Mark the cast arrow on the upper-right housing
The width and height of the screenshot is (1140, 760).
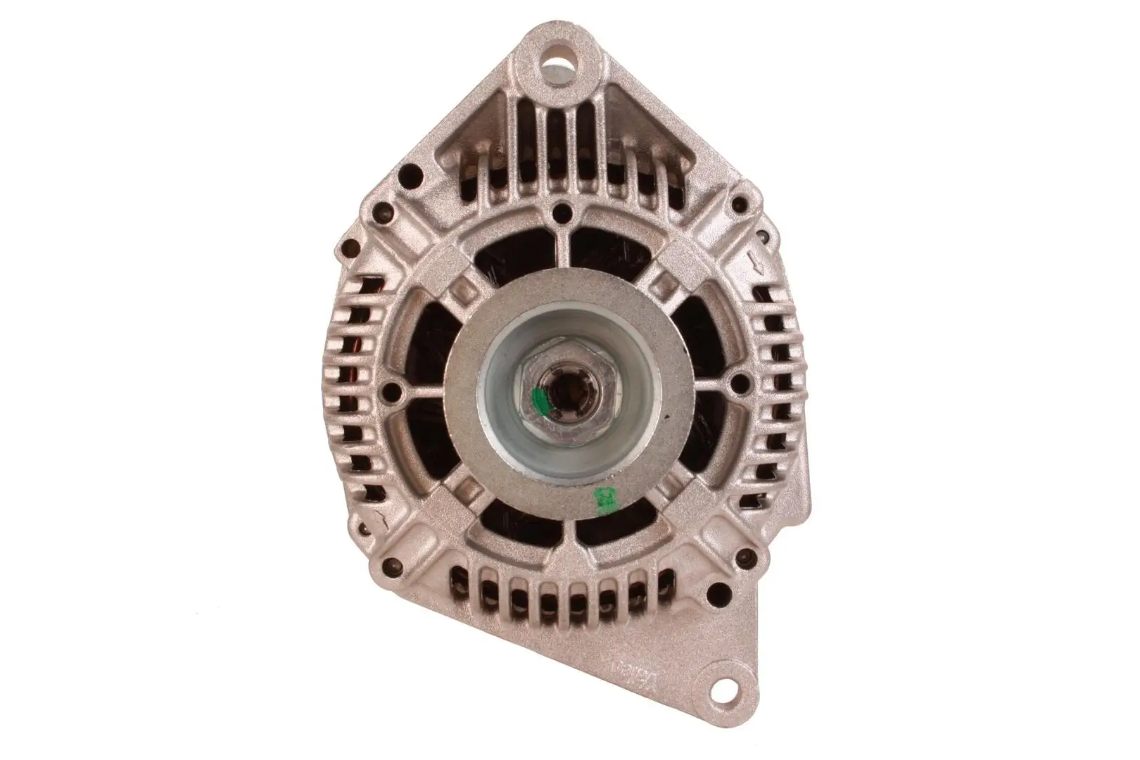tap(756, 265)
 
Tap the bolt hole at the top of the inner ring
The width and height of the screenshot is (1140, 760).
tap(562, 211)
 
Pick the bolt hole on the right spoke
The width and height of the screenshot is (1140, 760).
tap(740, 383)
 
